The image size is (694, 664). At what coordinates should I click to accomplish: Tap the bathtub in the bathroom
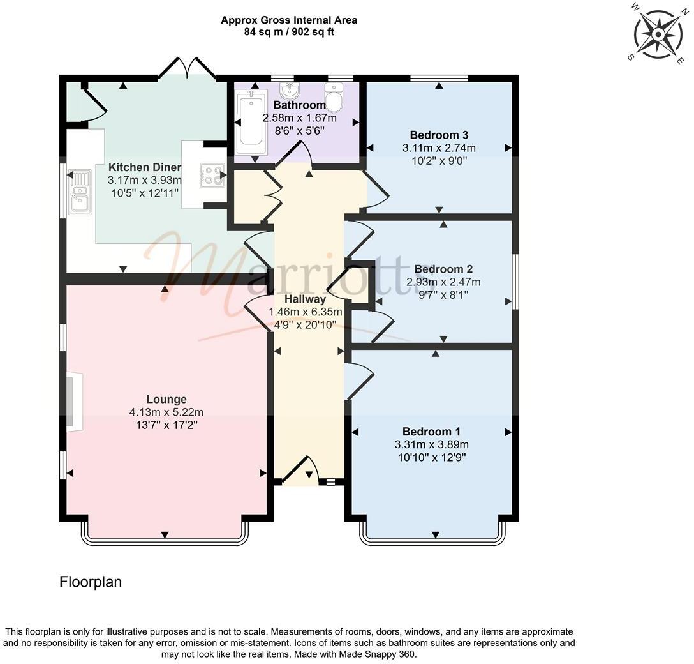pos(250,123)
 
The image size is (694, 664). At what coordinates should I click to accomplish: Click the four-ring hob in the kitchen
pos(212,176)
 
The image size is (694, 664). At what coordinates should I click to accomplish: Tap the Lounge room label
pos(166,400)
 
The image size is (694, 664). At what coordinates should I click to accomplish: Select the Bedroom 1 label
pos(431,432)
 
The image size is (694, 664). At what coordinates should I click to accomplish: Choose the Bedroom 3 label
pos(439,135)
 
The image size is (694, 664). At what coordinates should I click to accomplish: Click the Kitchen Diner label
pos(144,167)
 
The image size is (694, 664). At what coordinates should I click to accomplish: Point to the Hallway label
pos(306,299)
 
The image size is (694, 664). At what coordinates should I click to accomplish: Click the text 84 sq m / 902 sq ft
pos(288,32)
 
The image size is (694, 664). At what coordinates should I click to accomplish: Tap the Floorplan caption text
pos(90,582)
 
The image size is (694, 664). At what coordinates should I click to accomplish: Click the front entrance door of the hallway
pos(299,471)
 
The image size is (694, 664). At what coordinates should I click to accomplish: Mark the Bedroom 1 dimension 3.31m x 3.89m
pos(431,444)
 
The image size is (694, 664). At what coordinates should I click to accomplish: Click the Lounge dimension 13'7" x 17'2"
pos(166,425)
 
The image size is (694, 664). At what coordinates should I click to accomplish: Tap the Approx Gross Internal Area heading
pos(288,20)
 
